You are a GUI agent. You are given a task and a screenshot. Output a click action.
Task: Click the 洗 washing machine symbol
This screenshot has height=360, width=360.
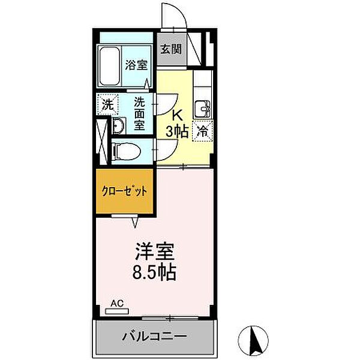point(108,104)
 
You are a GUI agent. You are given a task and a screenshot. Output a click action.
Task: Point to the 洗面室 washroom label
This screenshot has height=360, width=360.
point(139,114)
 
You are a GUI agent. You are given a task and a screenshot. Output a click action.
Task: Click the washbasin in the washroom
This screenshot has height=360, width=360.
point(118,125)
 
